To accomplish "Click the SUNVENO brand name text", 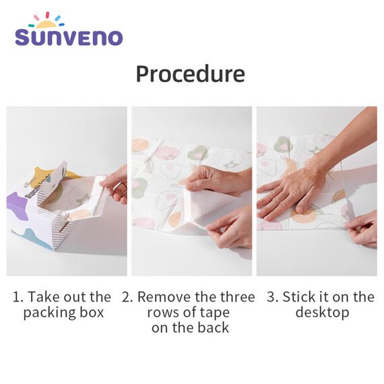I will click(69, 37).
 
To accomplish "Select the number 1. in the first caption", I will click(18, 297).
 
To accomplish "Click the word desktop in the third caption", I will click(323, 313).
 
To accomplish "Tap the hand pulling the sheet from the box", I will click(116, 183).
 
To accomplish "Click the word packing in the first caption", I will click(47, 313).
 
